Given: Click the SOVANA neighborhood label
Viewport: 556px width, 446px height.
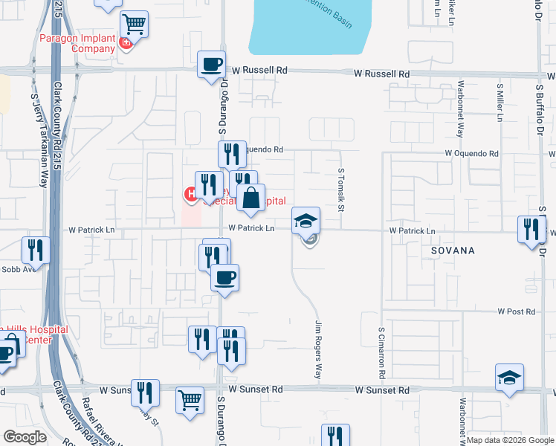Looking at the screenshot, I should [452, 251].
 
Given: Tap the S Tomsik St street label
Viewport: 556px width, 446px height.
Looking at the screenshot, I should [341, 189].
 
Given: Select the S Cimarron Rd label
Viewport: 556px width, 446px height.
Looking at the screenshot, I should [381, 349].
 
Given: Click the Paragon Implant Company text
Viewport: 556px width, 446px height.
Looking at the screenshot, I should [77, 43].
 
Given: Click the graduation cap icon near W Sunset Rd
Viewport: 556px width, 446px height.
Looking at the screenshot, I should [510, 378].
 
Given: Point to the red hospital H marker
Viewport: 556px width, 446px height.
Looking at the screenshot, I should [190, 195].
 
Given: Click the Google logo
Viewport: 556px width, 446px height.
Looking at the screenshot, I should [25, 437].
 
